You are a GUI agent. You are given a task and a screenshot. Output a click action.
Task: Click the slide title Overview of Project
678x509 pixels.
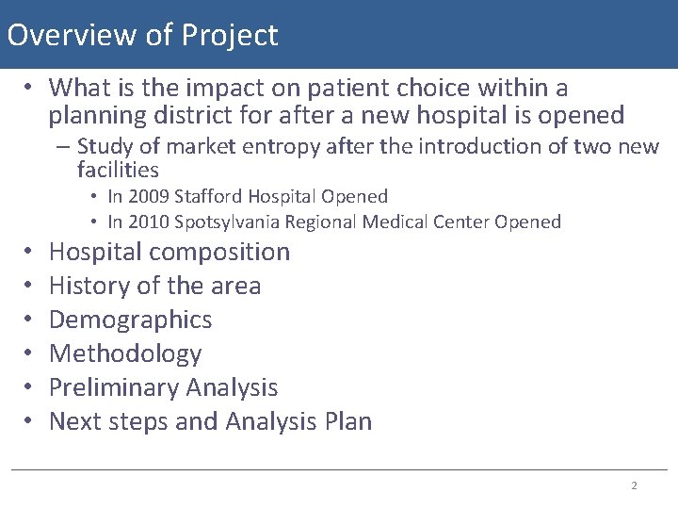(142, 35)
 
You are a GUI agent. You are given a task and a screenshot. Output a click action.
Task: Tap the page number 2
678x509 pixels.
(634, 485)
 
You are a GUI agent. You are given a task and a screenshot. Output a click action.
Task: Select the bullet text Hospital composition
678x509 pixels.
(169, 253)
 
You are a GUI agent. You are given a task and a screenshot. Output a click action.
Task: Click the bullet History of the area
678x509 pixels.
(154, 286)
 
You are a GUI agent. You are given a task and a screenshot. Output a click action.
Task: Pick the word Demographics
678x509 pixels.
(130, 320)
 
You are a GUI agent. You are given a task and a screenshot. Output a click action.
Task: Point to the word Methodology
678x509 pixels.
(125, 353)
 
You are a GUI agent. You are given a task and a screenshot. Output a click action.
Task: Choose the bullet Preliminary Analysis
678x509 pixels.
(163, 387)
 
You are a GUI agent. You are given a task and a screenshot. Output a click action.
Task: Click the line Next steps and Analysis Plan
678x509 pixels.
(210, 421)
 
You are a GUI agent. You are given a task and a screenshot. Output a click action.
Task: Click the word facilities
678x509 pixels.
(118, 171)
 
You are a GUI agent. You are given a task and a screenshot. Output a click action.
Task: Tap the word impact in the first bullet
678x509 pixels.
(188, 89)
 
